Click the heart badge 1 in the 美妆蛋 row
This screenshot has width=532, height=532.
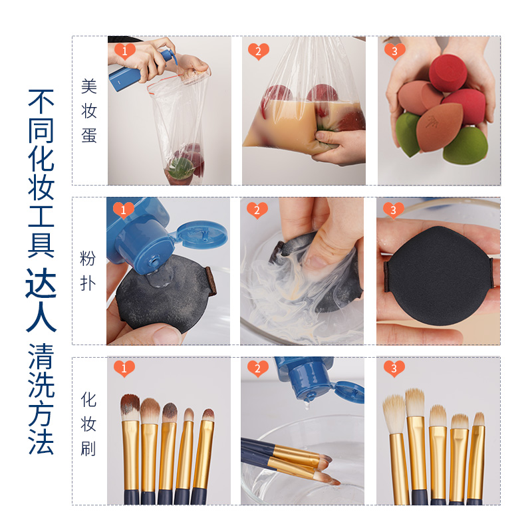coord(124,51)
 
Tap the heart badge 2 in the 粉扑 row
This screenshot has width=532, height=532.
coord(257,210)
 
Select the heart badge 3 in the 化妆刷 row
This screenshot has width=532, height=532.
coord(394,368)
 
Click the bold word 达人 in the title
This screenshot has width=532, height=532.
coord(41,309)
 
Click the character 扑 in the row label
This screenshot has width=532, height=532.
coord(89,283)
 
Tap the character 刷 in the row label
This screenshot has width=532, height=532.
coord(89,448)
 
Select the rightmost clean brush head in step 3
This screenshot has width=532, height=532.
coord(477,421)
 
